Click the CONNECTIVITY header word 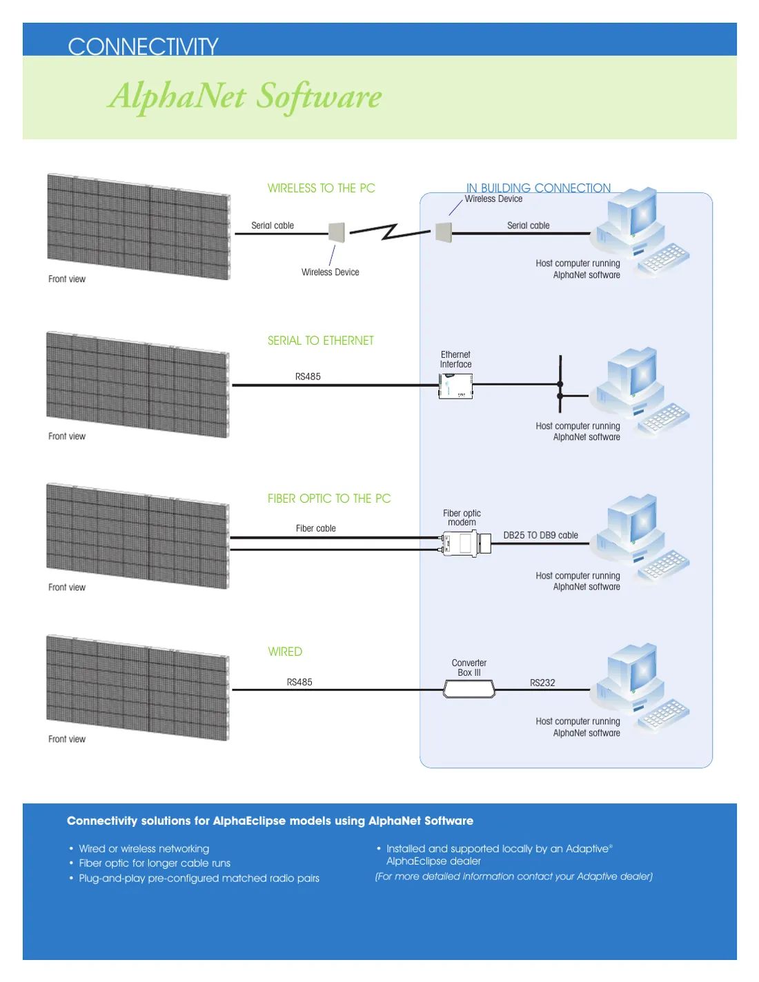click(x=143, y=46)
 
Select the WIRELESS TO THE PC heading click(x=321, y=188)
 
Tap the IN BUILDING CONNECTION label click(x=538, y=188)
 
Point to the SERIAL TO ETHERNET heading click(x=321, y=340)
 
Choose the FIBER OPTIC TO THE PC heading click(x=328, y=498)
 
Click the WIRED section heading click(x=285, y=651)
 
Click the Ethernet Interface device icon click(x=455, y=386)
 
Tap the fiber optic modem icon click(x=466, y=543)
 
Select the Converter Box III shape click(x=469, y=689)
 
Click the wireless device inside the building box click(x=444, y=232)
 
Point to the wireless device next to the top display click(x=337, y=232)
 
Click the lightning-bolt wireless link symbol click(x=390, y=232)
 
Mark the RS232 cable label click(x=542, y=683)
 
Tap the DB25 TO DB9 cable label click(x=540, y=535)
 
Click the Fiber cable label click(x=315, y=528)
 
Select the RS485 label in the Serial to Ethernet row click(x=308, y=377)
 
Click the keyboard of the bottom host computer click(x=664, y=712)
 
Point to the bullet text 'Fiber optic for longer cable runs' click(x=155, y=863)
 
